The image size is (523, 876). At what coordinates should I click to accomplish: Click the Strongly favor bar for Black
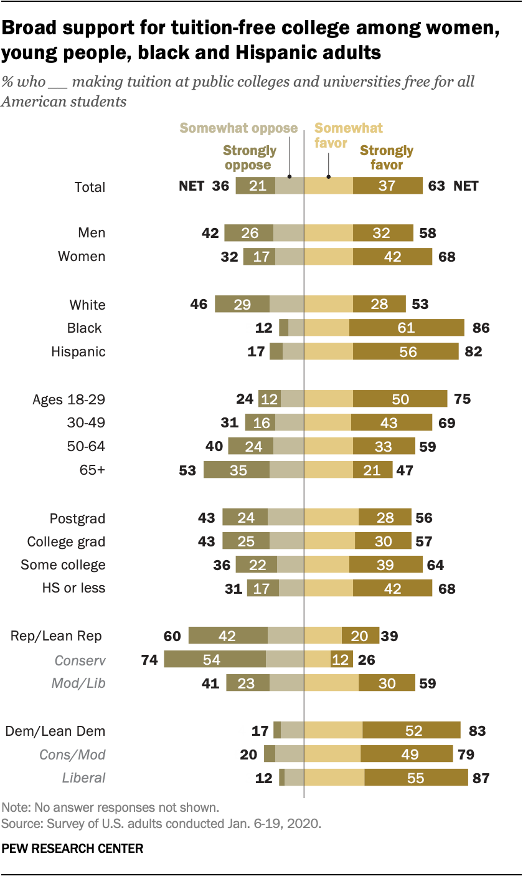coord(407,328)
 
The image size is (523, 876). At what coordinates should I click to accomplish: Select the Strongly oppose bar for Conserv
coord(215,660)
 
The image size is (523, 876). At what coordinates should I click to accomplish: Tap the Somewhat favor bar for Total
coord(328,186)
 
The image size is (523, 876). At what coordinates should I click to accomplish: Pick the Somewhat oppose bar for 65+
coord(286,470)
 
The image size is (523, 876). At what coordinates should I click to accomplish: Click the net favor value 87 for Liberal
coord(481,778)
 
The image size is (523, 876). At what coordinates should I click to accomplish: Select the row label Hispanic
coord(78,351)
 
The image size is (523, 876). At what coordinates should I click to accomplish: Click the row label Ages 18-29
coord(68,399)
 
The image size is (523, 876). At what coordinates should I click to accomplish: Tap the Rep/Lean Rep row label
coord(56,636)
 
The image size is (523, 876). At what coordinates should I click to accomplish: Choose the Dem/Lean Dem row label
coord(55,731)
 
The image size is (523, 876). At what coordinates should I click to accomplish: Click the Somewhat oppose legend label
coord(238,128)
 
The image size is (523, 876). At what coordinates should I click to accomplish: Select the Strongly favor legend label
coord(387,158)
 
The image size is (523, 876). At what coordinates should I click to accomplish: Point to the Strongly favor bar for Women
coord(392,256)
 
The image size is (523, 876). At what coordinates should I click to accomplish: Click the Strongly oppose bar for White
coord(242,304)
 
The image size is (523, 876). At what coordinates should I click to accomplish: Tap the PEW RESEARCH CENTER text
coord(73,848)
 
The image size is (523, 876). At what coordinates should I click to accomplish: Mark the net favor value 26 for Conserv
coord(367,660)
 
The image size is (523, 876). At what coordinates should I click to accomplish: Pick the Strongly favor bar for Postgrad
coord(385,518)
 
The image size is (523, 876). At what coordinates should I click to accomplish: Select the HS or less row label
coord(73,588)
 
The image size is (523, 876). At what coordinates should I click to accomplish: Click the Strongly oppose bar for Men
coord(249,232)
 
